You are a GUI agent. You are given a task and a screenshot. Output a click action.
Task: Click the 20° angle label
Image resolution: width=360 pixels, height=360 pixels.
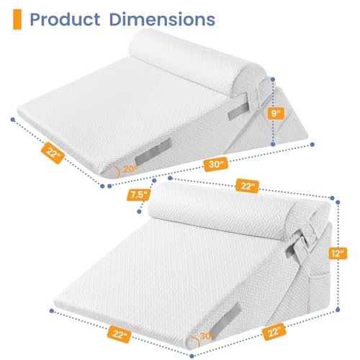pyautogui.click(x=130, y=170)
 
